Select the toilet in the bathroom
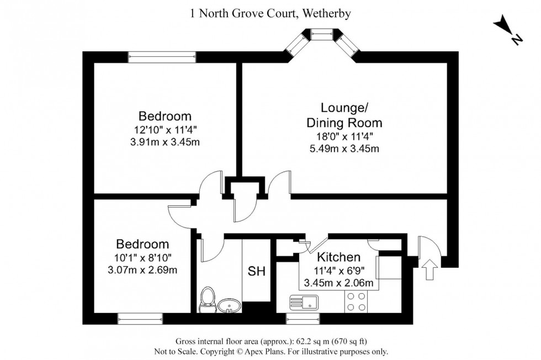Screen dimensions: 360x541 208,299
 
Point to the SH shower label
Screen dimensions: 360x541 256,272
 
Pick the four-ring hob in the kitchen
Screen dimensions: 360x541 357,301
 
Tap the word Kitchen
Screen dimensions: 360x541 338,257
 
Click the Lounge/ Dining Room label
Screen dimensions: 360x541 344,115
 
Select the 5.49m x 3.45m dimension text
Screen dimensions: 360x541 343,149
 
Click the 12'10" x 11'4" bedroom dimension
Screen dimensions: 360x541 165,131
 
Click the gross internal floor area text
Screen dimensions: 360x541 271,341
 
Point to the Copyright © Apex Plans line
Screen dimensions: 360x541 270,351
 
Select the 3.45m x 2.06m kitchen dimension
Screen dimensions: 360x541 339,283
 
